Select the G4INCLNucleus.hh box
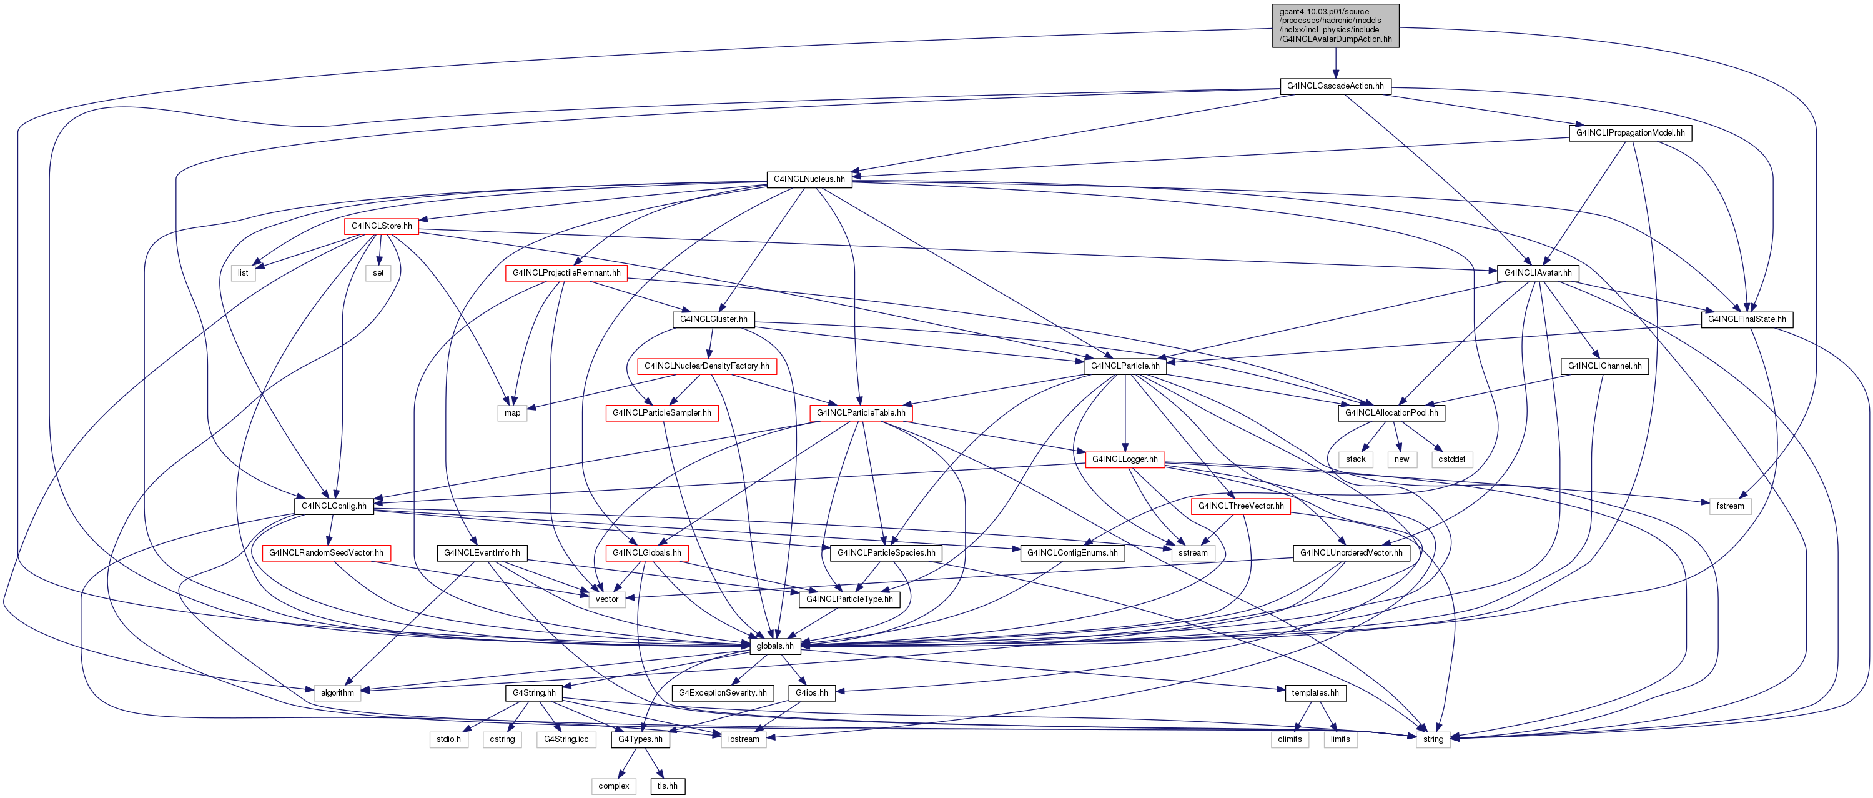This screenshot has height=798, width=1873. [x=809, y=179]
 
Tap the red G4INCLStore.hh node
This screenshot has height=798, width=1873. [x=382, y=226]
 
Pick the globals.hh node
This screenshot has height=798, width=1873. [x=775, y=646]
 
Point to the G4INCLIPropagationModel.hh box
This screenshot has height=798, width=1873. [x=1630, y=133]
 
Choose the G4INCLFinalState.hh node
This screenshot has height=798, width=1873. [x=1746, y=319]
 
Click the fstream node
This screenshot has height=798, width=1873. [x=1730, y=506]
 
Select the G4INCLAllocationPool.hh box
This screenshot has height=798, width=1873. [x=1391, y=413]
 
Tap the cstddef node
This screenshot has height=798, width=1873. [x=1451, y=460]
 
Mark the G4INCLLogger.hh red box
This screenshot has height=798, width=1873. [x=1125, y=460]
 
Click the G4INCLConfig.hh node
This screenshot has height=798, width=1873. [x=334, y=506]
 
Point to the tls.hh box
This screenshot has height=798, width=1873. [x=668, y=786]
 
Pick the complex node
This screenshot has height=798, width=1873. [x=614, y=786]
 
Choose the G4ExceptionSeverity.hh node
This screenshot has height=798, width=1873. [x=723, y=693]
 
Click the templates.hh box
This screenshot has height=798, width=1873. [x=1315, y=693]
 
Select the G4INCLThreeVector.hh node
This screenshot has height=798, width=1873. [x=1240, y=506]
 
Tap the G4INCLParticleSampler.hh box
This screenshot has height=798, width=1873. [x=661, y=413]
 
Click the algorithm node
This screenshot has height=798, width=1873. [x=337, y=693]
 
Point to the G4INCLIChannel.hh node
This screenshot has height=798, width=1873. [x=1604, y=367]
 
